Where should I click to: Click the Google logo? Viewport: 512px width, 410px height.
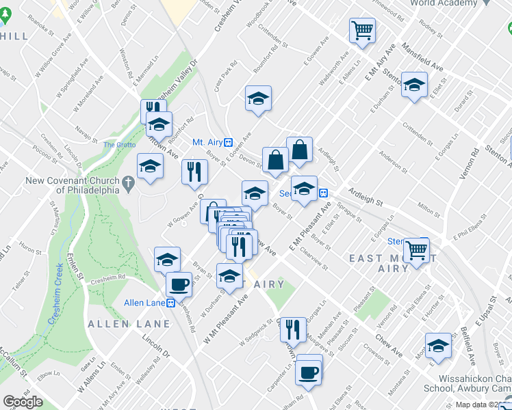point(22,402)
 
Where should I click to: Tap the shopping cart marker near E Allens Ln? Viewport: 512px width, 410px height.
point(361,30)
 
